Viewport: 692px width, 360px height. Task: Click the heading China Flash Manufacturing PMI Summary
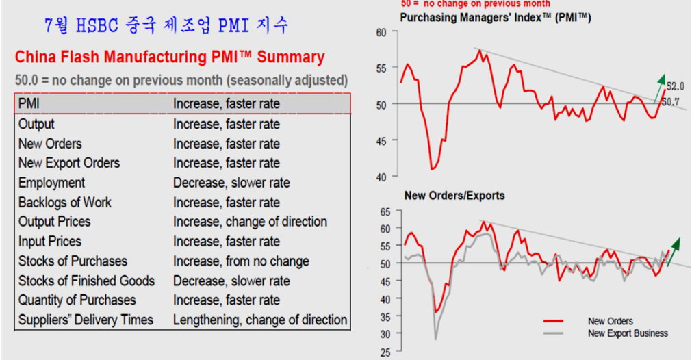pyautogui.click(x=170, y=57)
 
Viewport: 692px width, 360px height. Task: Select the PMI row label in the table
pyautogui.click(x=29, y=104)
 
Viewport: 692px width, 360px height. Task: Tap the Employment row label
pyautogui.click(x=52, y=183)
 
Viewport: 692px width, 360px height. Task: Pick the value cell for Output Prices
pyautogui.click(x=250, y=222)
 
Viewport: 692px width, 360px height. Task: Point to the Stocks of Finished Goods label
pyautogui.click(x=86, y=281)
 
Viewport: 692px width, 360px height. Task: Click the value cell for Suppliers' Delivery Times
pyautogui.click(x=260, y=320)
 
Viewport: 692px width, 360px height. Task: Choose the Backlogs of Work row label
pyautogui.click(x=64, y=203)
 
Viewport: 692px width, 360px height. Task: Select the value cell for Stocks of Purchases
pyautogui.click(x=241, y=261)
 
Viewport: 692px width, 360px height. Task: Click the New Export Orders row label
pyautogui.click(x=69, y=163)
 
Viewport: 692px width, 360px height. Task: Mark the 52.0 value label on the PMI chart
pyautogui.click(x=676, y=87)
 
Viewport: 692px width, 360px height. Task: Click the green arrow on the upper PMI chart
pyautogui.click(x=659, y=86)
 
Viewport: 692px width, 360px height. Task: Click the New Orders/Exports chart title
pyautogui.click(x=454, y=196)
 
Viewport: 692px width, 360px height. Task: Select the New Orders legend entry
pyautogui.click(x=610, y=321)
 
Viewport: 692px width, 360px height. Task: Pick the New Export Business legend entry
pyautogui.click(x=628, y=333)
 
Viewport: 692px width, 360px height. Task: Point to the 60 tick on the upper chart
pyautogui.click(x=381, y=32)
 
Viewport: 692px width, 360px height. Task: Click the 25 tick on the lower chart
pyautogui.click(x=385, y=352)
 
